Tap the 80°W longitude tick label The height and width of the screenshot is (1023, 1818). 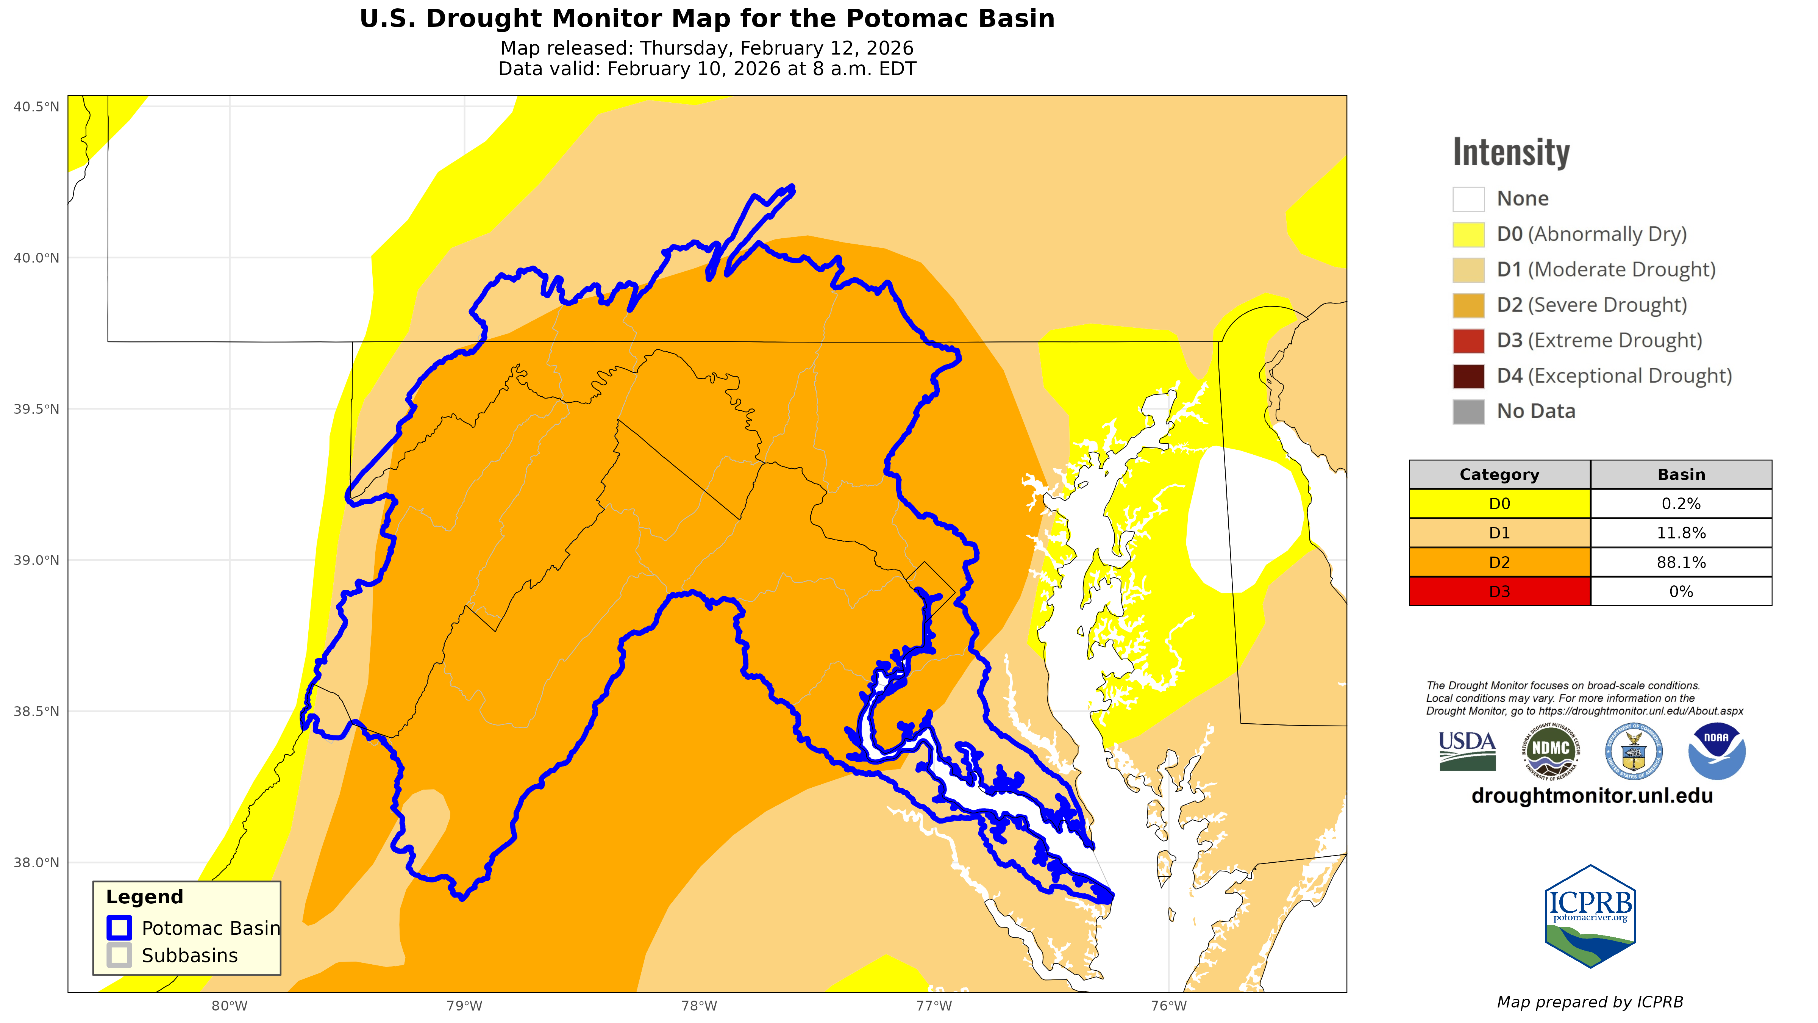coord(230,1005)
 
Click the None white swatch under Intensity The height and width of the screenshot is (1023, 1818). coord(1468,199)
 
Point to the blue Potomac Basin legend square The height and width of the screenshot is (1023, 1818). coord(119,928)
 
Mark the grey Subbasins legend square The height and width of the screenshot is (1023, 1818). coord(119,955)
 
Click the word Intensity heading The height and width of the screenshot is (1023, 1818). coord(1511,152)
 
